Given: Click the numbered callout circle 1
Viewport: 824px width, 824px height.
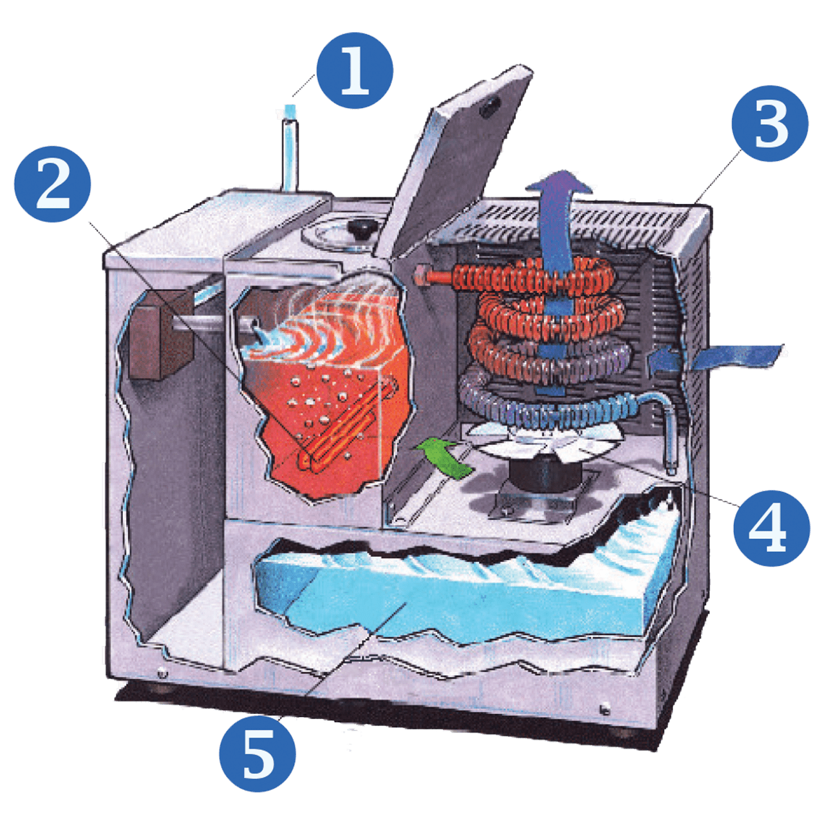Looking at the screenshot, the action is point(355,70).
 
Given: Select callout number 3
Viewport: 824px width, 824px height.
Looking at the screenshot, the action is point(770,124).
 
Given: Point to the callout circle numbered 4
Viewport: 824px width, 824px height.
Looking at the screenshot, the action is point(771,528).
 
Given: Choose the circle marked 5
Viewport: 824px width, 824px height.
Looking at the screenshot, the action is point(257,753).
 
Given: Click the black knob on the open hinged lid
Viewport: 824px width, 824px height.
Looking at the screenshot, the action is point(491,106).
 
